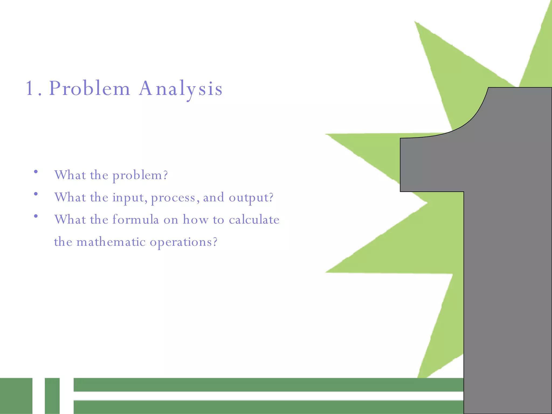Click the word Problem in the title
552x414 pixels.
point(89,88)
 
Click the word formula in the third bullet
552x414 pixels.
point(136,219)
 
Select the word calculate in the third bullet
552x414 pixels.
point(254,219)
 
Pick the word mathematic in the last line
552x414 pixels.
point(111,242)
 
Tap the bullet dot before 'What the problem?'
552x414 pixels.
point(36,171)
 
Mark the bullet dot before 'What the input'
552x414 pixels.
point(36,194)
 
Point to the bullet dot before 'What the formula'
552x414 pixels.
point(36,216)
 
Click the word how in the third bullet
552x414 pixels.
point(195,219)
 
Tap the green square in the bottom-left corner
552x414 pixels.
point(16,396)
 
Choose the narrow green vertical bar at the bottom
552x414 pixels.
point(52,396)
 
